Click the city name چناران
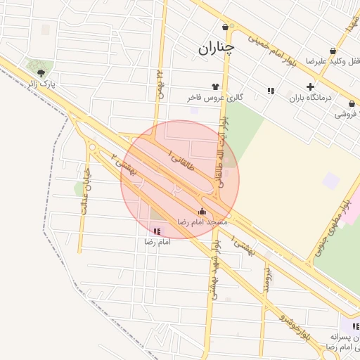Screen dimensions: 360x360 215,48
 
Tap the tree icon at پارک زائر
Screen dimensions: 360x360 41,72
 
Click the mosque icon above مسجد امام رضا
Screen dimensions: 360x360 202,211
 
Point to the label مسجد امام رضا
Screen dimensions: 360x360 202,221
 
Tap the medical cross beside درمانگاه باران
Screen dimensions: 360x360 310,86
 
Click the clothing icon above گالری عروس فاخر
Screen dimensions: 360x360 215,86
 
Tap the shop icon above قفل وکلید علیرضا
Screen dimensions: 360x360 333,51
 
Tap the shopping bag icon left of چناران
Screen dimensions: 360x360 225,27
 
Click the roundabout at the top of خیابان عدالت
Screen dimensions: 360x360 92,147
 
